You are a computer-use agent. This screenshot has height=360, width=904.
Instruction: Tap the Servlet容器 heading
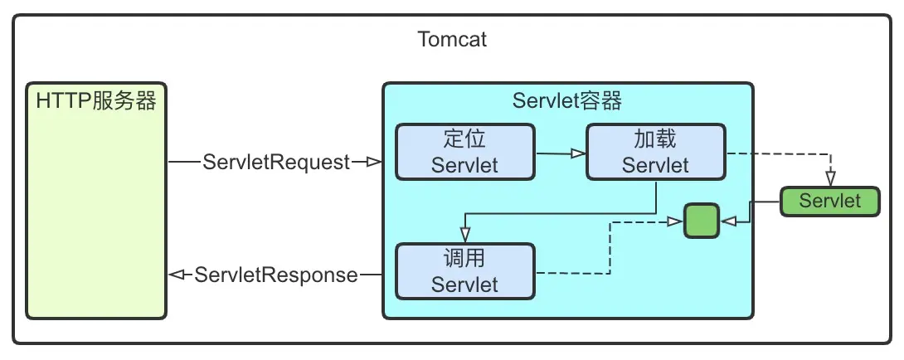[x=567, y=101]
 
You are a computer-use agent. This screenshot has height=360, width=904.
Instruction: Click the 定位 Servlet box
[x=464, y=152]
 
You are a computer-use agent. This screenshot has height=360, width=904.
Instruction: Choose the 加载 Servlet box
[x=655, y=152]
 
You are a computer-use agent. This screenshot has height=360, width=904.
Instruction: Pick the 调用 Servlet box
[x=464, y=270]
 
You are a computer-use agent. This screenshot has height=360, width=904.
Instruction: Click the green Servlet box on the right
[x=829, y=201]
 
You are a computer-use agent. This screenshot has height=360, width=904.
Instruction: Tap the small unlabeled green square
[x=701, y=221]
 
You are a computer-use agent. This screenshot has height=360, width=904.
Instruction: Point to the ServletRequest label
[x=276, y=163]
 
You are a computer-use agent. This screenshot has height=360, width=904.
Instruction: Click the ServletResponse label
[x=276, y=275]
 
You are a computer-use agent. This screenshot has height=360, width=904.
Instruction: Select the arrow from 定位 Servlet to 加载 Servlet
[x=560, y=153]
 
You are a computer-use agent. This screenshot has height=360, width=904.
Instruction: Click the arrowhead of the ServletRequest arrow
[x=374, y=163]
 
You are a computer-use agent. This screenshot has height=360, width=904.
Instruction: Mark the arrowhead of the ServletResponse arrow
[x=175, y=275]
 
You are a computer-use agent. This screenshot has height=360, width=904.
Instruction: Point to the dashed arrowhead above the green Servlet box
[x=829, y=179]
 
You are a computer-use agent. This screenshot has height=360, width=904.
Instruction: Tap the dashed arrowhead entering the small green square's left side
[x=677, y=221]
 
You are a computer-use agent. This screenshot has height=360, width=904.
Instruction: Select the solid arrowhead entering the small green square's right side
[x=727, y=221]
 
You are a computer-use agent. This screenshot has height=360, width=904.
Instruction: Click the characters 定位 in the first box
[x=464, y=139]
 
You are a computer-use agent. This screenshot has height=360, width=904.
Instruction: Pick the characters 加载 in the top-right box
[x=655, y=139]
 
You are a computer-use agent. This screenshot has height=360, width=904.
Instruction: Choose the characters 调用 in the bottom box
[x=464, y=258]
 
